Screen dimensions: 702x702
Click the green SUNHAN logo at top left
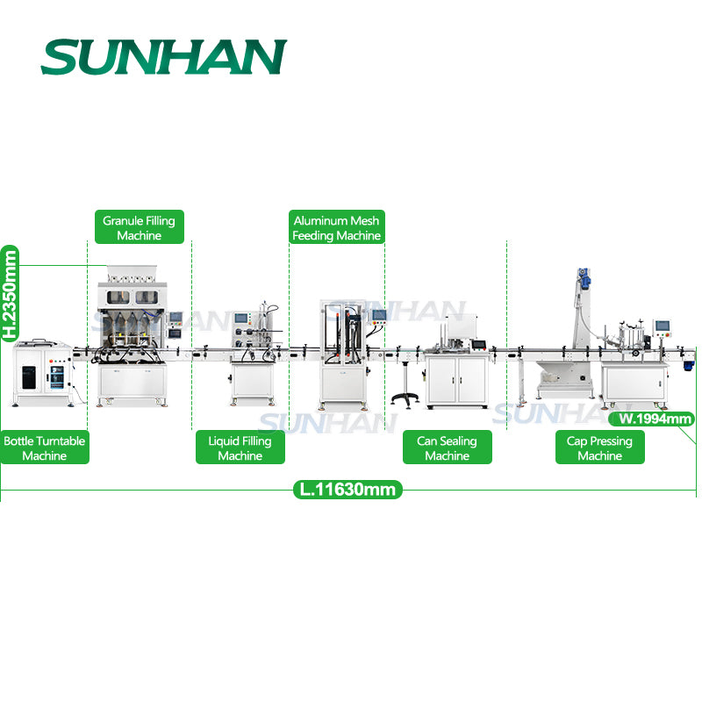point(163,57)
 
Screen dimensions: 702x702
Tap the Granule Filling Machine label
point(139,228)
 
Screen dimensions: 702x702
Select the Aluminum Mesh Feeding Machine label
point(337,228)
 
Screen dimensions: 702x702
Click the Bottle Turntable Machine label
point(45,448)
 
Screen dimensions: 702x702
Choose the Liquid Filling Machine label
point(240,448)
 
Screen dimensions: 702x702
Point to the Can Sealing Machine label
point(447,448)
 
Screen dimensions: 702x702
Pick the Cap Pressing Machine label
point(600,448)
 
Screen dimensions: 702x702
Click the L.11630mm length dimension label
point(347,490)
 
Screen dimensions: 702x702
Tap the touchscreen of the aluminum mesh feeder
point(378,315)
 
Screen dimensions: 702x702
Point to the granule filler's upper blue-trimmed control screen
point(176,318)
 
